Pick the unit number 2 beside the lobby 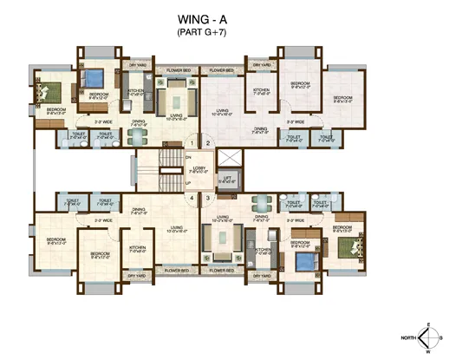pyautogui.click(x=208, y=142)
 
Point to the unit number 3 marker pyautogui.click(x=208, y=199)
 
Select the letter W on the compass pyautogui.click(x=427, y=353)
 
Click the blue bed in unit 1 pyautogui.click(x=92, y=79)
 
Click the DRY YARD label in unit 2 pyautogui.click(x=262, y=66)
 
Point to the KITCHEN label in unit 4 pyautogui.click(x=137, y=248)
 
